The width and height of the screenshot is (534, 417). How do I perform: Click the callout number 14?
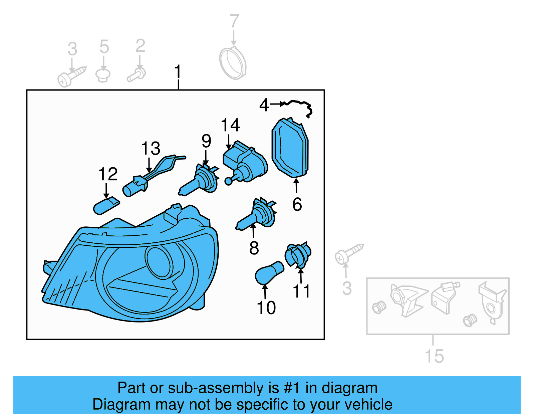coord(230,125)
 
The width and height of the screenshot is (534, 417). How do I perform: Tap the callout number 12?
coord(108,174)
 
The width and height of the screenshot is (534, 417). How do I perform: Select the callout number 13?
coord(151,149)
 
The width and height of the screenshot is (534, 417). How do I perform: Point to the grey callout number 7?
coord(234,21)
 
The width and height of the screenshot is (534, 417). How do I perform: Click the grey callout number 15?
coord(434,356)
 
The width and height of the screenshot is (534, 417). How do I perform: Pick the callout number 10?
coord(266,307)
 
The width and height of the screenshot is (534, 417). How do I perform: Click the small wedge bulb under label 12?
coord(106,205)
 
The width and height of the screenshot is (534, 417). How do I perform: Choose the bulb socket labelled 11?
coord(298,255)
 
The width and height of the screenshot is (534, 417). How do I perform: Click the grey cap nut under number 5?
coord(103,75)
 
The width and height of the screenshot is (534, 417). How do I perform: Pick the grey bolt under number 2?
coord(137,74)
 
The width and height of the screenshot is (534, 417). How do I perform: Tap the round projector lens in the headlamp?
coord(159,262)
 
